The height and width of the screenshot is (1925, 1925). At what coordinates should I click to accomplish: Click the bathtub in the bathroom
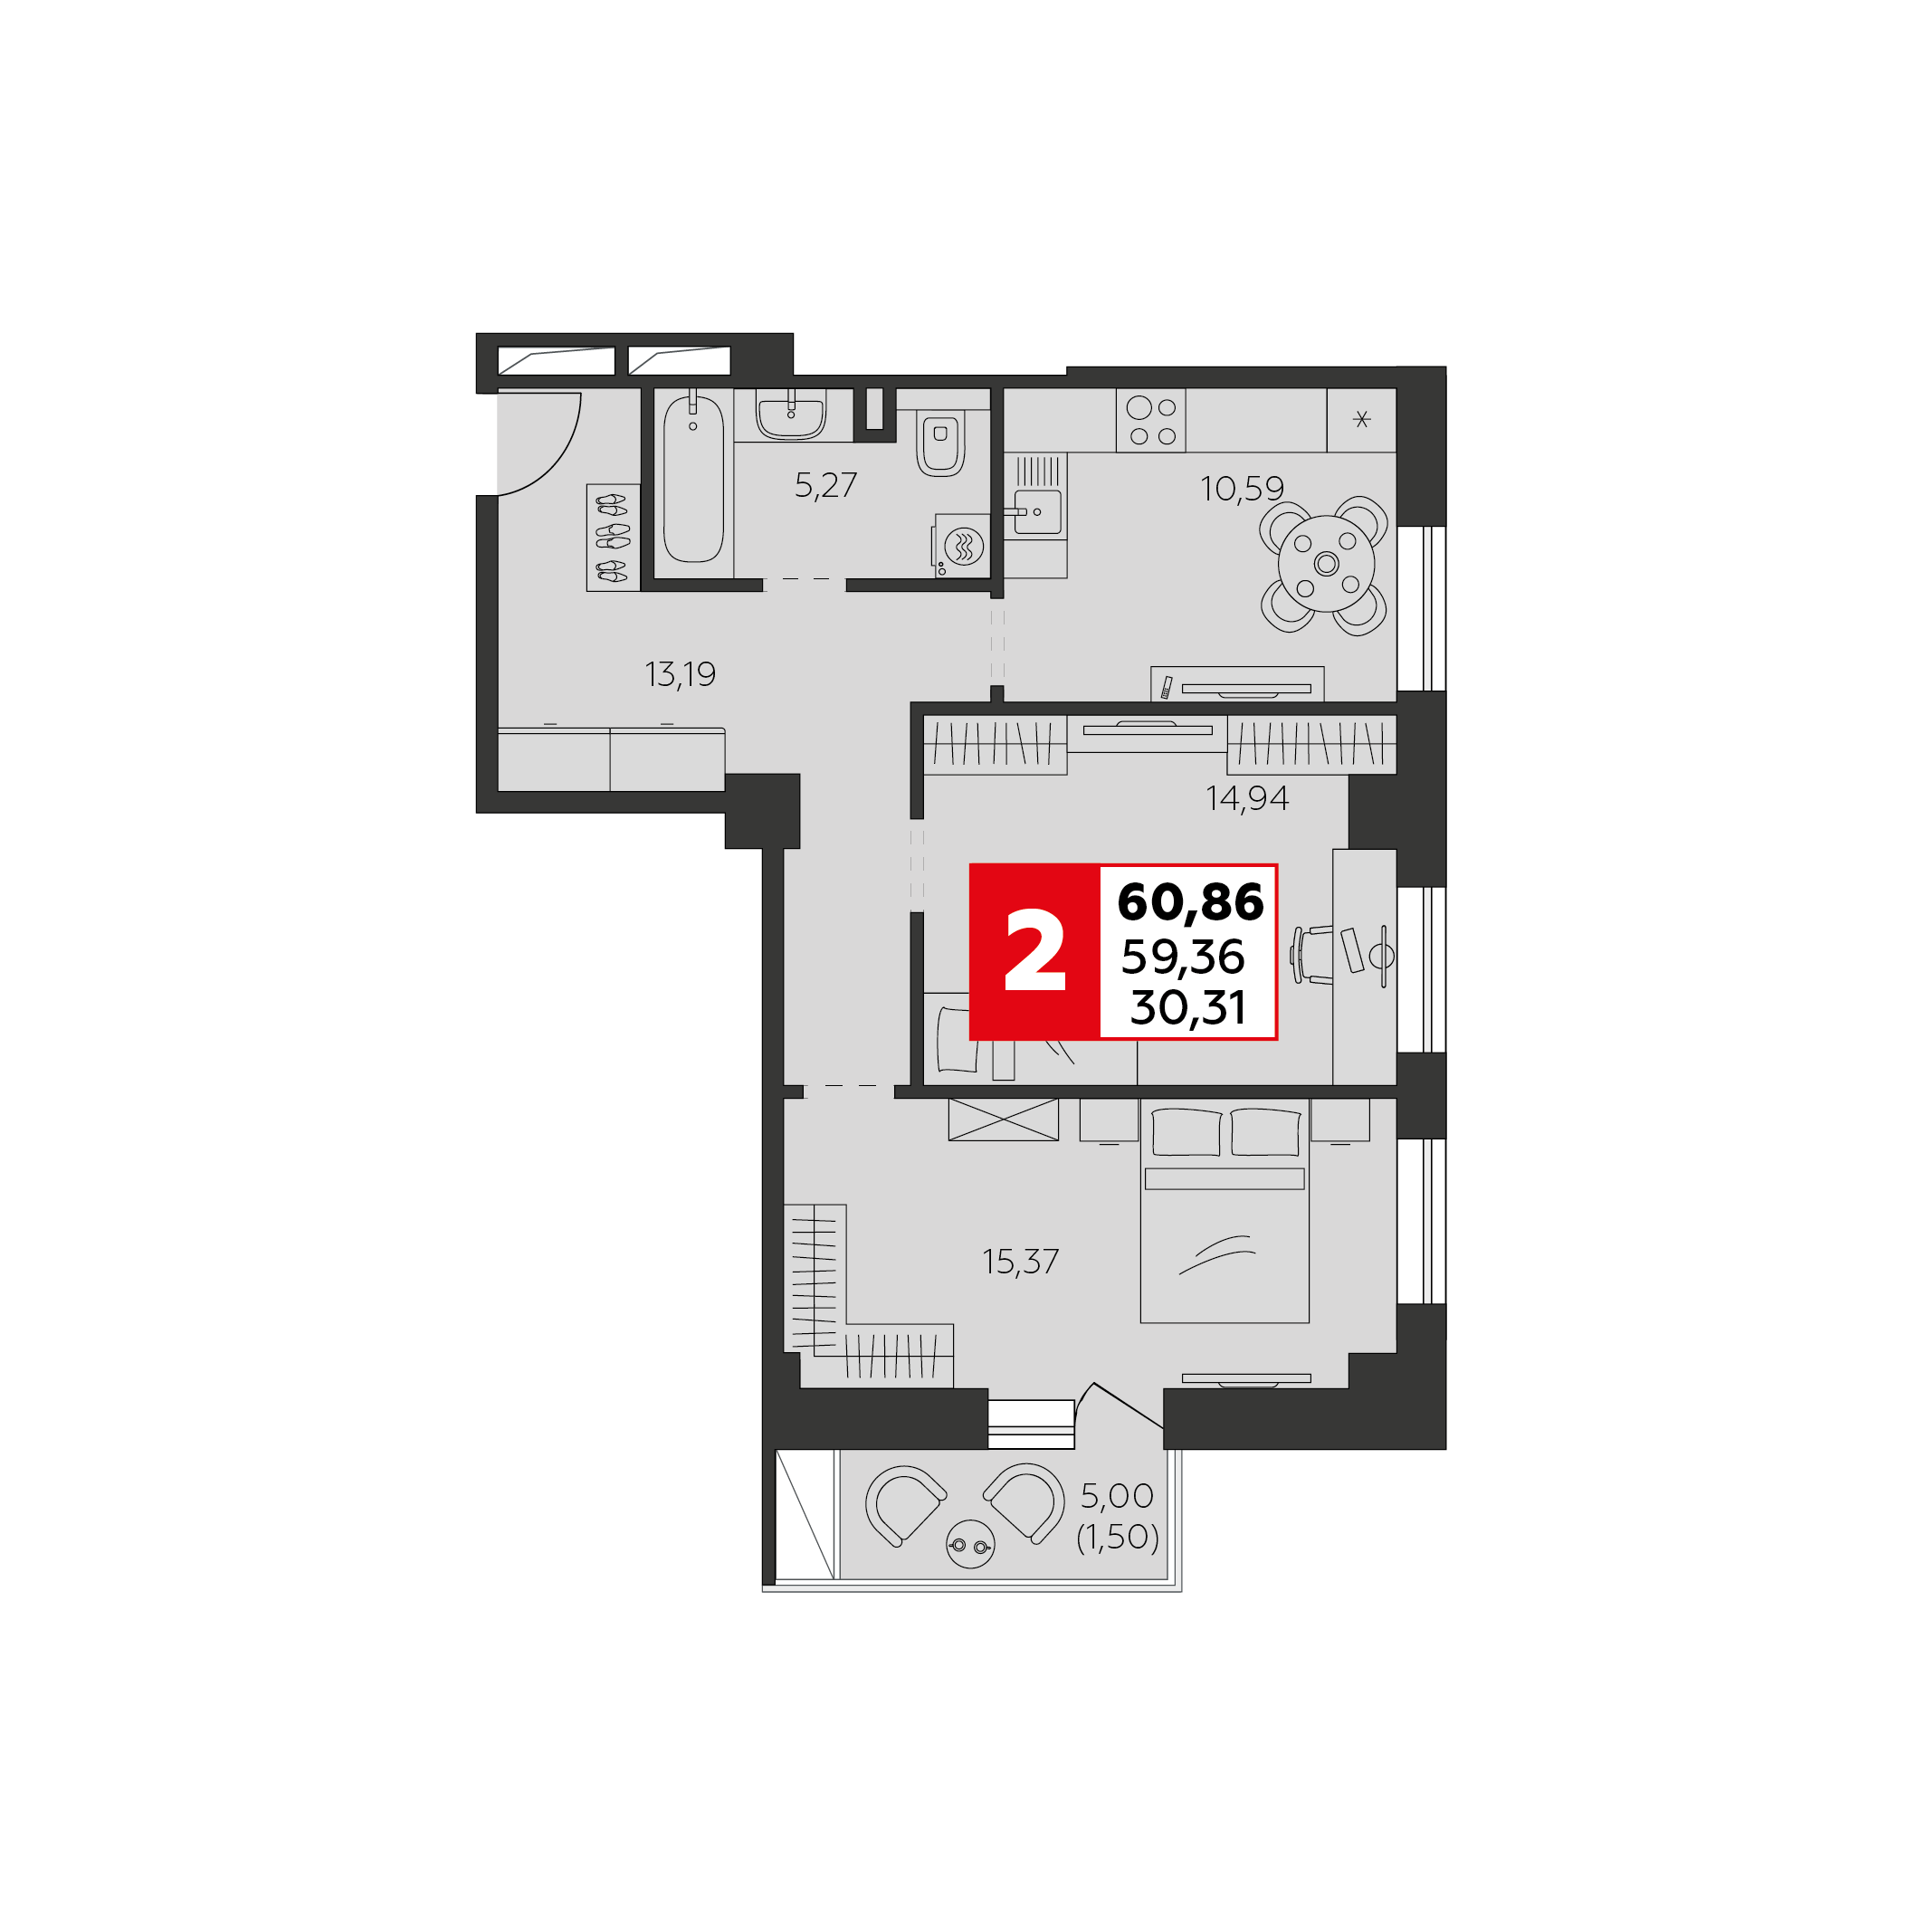[x=693, y=481]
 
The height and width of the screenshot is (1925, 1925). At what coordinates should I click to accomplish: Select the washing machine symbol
[x=964, y=546]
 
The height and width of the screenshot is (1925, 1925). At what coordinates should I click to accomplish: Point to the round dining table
[x=1326, y=564]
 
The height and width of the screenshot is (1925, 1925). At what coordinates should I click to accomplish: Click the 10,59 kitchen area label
[x=1242, y=488]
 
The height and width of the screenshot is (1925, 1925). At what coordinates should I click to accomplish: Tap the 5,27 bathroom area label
[x=825, y=485]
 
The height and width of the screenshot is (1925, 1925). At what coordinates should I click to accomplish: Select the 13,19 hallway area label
[x=680, y=674]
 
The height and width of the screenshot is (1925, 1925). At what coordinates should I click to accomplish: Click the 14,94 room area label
[x=1246, y=798]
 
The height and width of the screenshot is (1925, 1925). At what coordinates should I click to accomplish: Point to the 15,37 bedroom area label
[x=1020, y=1263]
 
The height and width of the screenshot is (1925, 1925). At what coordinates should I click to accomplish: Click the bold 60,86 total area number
[x=1190, y=901]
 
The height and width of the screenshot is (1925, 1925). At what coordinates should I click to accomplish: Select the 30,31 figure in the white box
[x=1187, y=1008]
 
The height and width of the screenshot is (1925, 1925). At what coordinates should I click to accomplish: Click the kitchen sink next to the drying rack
[x=1037, y=511]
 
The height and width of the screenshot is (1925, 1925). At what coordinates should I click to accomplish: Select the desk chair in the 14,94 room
[x=1313, y=955]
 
